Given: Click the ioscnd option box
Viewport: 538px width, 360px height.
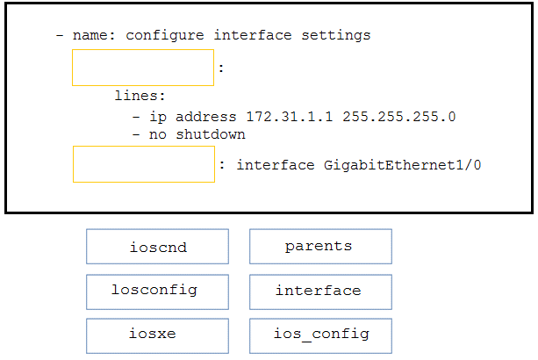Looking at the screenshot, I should point(157,247).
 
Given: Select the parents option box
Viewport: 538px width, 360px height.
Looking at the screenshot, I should point(320,247).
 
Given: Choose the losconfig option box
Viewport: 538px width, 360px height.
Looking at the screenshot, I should point(157,291).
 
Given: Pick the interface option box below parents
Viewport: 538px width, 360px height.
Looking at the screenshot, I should point(320,291).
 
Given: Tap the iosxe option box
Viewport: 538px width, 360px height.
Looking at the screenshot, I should point(157,335).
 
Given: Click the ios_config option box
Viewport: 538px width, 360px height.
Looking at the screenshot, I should point(320,335).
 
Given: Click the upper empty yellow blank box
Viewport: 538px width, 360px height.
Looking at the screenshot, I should point(143,68).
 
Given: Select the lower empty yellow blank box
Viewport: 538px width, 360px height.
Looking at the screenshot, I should point(143,164).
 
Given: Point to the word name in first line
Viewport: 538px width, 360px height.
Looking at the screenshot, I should point(90,36).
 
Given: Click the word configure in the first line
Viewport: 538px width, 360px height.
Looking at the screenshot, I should point(165,36).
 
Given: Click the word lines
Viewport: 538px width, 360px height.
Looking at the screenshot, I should point(140,97).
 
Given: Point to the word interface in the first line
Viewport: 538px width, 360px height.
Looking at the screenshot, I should point(253,36).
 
